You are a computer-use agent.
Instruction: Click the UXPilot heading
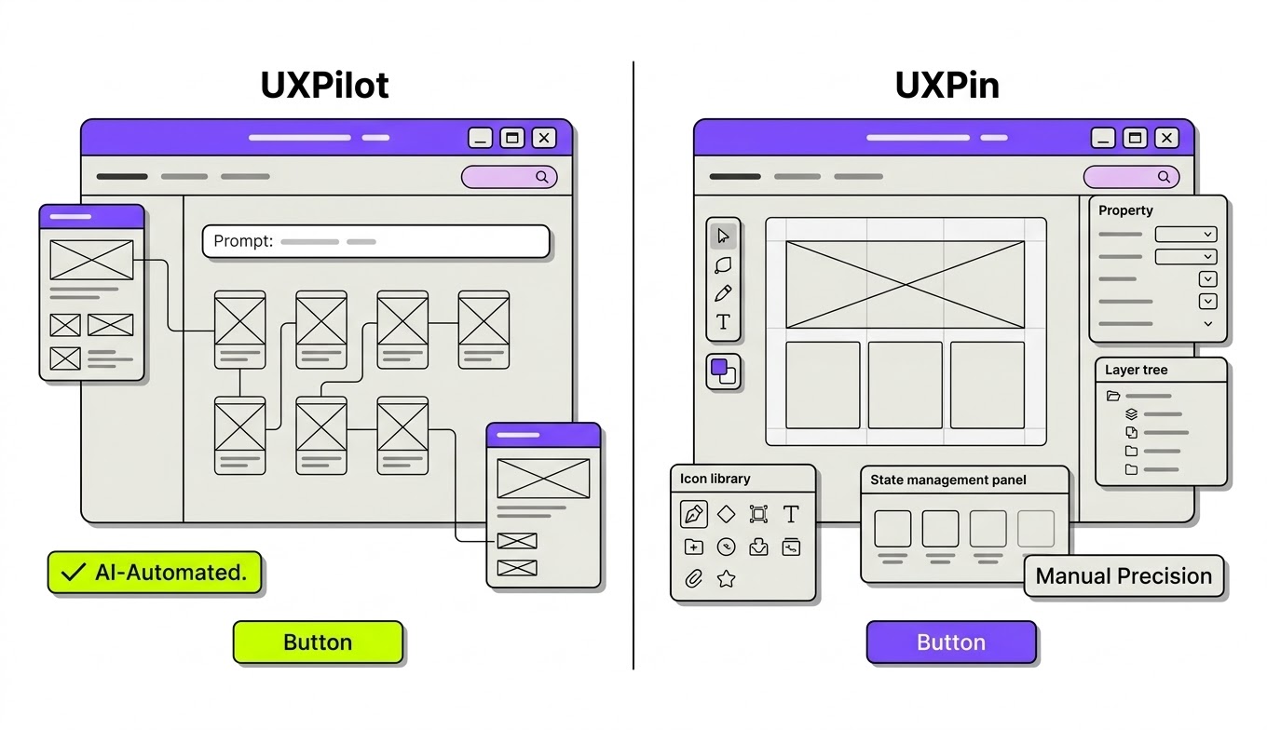[324, 86]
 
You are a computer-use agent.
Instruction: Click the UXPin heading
[947, 86]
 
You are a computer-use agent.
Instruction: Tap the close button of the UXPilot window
[544, 138]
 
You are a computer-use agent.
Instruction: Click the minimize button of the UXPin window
[1103, 138]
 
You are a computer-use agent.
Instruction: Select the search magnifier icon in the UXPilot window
[542, 177]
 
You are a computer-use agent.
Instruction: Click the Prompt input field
[376, 241]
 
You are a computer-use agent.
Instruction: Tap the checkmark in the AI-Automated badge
[73, 573]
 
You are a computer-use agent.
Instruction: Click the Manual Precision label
[1124, 576]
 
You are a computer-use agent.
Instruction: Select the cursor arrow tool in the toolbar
[723, 236]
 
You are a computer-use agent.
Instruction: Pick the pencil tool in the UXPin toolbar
[723, 293]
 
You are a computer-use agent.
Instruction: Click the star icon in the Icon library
[726, 579]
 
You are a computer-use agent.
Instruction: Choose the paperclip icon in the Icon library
[693, 579]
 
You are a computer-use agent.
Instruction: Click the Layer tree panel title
[1136, 370]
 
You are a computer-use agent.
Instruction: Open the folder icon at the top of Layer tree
[1113, 396]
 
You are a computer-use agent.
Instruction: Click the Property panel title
[1125, 210]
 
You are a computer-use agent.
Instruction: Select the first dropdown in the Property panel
[1186, 234]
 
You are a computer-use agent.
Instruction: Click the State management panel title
[948, 480]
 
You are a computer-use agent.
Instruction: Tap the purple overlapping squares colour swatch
[723, 372]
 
